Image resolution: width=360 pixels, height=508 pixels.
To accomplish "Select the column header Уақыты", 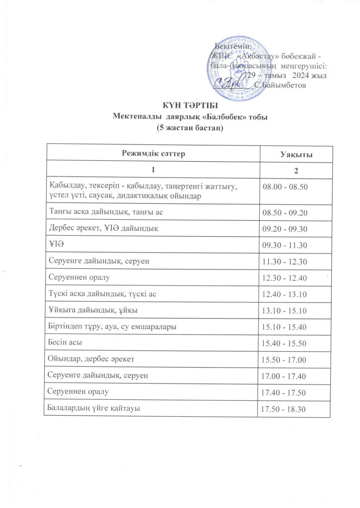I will pyautogui.click(x=296, y=155).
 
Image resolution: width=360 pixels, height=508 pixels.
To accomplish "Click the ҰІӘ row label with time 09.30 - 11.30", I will pyautogui.click(x=56, y=245).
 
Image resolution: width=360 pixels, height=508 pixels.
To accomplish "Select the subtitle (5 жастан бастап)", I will pyautogui.click(x=190, y=127).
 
